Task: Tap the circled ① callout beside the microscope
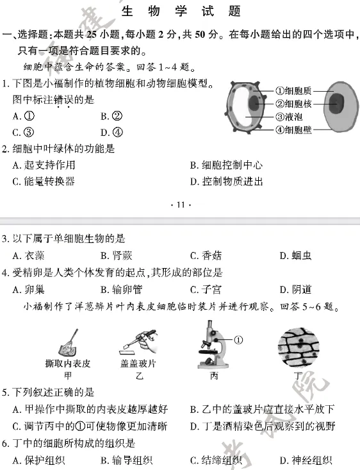pyautogui.click(x=238, y=340)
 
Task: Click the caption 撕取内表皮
pyautogui.click(x=67, y=364)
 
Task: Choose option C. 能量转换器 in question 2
pyautogui.click(x=44, y=181)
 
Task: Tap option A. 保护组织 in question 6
pyautogui.click(x=39, y=460)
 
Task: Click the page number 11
pyautogui.click(x=180, y=205)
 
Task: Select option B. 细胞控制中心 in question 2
pyautogui.click(x=226, y=165)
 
